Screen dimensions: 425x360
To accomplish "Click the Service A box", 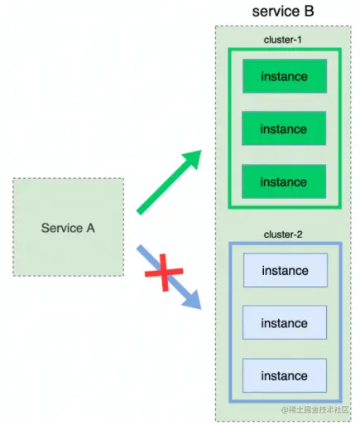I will [68, 226].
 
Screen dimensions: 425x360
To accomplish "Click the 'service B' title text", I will [284, 12].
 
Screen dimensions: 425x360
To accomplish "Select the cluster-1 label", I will [284, 41].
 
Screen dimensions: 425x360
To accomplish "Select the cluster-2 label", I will [284, 234].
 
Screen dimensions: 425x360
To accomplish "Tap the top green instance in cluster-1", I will [284, 77].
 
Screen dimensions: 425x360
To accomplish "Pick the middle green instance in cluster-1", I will [284, 129].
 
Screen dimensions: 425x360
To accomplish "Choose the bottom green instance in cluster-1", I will [284, 182].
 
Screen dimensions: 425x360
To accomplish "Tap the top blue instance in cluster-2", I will [284, 271].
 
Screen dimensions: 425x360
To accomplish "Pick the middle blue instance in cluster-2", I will [284, 323].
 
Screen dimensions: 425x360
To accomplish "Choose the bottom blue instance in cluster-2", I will [284, 376].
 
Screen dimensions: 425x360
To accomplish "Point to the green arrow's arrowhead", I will [195, 156].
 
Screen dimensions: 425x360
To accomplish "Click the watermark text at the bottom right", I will [319, 410].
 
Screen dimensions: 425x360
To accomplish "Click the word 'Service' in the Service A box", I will [61, 227].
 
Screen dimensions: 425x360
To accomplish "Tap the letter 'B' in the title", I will [310, 12].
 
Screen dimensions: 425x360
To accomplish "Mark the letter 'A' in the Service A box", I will [90, 227].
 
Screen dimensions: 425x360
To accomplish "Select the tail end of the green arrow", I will [138, 211].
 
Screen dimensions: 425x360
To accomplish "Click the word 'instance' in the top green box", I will [284, 77].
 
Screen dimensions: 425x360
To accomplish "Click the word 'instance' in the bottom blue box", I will [284, 376].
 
